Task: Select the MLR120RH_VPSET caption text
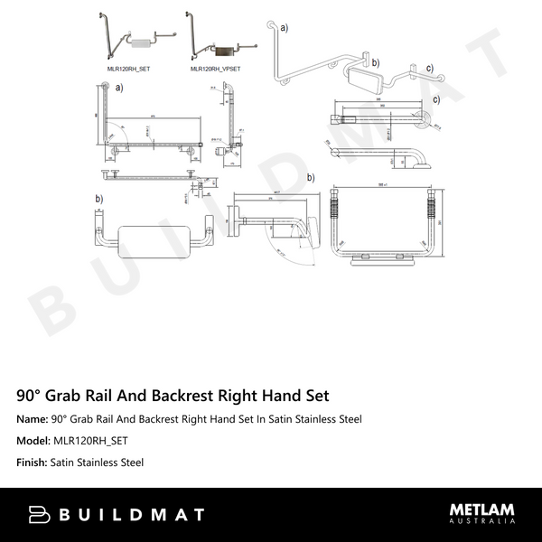215,68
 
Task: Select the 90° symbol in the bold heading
27,396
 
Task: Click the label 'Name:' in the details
32,419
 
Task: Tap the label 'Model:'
33,441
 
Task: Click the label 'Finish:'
33,463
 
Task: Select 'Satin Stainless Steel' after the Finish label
98,463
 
